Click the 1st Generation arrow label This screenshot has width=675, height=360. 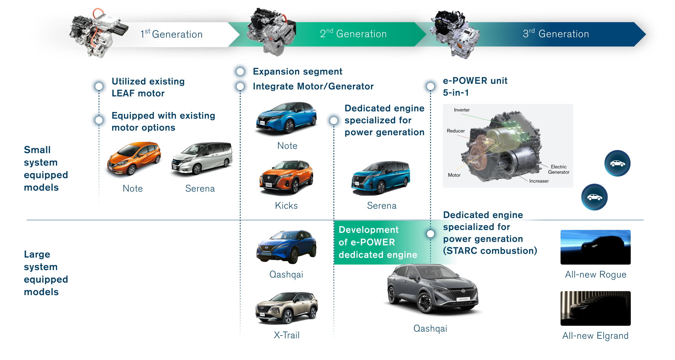coord(171,34)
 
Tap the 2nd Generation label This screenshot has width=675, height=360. coord(353,34)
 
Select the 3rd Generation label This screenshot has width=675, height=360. coord(556,34)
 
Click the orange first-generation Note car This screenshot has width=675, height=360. coord(134,159)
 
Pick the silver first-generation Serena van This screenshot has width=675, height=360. coord(202,159)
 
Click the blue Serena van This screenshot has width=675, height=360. coord(381,177)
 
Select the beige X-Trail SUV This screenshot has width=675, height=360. coord(287,308)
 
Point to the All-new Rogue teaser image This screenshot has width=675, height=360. coord(595,247)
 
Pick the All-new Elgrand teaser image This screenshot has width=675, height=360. coord(595,308)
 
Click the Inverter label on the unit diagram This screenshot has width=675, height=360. coord(462,110)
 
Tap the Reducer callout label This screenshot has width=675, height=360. coord(456,131)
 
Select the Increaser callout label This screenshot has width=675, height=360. coord(539,181)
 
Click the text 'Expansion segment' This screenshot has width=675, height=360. coord(297,72)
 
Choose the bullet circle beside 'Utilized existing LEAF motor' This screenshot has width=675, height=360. coord(99,86)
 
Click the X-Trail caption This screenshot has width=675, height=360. coord(287,335)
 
